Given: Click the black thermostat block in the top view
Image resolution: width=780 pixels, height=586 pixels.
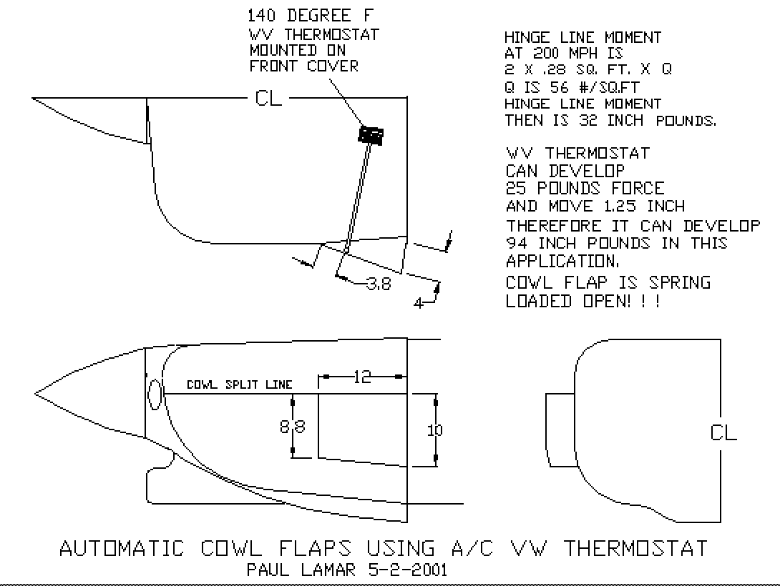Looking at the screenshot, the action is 371,135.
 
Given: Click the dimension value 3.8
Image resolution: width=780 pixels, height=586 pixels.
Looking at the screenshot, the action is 379,284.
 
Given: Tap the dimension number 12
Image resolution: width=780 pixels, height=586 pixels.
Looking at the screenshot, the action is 362,377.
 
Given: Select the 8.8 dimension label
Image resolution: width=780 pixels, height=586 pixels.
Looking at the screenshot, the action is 293,426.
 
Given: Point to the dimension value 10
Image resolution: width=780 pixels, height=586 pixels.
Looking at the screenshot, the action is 435,430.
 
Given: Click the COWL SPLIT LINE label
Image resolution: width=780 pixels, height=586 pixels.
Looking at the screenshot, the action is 239,384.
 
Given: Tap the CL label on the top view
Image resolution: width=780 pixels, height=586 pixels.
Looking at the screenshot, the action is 268,99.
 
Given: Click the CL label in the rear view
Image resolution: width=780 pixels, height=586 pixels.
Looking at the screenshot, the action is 723,432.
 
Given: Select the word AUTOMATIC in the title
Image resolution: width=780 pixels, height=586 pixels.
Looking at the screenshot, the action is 122,548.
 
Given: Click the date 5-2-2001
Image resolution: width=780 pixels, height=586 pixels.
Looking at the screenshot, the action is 408,570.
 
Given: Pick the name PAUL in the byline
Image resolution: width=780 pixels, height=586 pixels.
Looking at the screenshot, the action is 268,570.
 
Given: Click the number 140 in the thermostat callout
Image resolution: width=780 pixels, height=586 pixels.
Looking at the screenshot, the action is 261,16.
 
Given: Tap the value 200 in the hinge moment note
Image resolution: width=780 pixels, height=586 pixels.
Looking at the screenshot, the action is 547,53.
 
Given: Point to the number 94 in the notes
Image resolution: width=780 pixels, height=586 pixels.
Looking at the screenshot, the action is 517,244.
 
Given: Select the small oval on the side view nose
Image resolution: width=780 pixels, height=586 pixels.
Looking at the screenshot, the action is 155,394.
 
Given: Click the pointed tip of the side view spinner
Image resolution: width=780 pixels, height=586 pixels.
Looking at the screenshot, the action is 35,394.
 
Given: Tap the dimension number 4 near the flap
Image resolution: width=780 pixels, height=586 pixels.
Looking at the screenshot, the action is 419,303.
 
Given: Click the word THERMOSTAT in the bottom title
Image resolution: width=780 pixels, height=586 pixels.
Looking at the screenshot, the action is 635,548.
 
